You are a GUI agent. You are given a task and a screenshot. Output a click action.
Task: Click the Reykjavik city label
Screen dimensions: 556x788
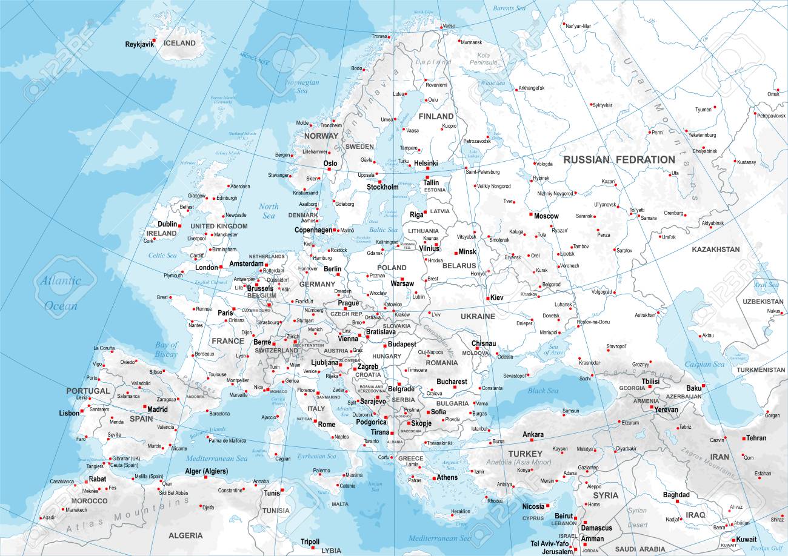(x=139, y=44)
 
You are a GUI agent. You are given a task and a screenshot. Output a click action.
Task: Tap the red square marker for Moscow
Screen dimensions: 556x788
(x=530, y=214)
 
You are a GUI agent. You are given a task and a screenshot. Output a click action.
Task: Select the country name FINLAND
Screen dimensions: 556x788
(x=436, y=116)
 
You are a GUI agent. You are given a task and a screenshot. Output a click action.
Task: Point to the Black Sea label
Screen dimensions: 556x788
(x=543, y=391)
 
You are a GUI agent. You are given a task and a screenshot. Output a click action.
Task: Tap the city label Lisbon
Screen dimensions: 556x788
(x=69, y=413)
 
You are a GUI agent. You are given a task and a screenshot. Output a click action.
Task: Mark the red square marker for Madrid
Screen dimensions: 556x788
(x=145, y=406)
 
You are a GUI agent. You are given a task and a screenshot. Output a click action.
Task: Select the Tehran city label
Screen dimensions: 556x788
(x=756, y=438)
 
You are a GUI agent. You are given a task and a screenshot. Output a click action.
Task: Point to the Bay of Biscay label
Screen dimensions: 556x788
(x=166, y=349)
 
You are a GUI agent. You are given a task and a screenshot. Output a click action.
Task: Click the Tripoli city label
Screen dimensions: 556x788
(x=310, y=541)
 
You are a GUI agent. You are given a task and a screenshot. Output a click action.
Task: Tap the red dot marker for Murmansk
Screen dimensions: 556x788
(x=458, y=42)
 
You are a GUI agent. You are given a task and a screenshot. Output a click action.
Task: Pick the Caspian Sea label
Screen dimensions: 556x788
(x=704, y=365)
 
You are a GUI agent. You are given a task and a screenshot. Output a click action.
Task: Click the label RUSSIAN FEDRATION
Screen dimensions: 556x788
(x=618, y=159)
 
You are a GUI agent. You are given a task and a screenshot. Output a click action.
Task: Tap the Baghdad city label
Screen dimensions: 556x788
(x=676, y=495)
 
